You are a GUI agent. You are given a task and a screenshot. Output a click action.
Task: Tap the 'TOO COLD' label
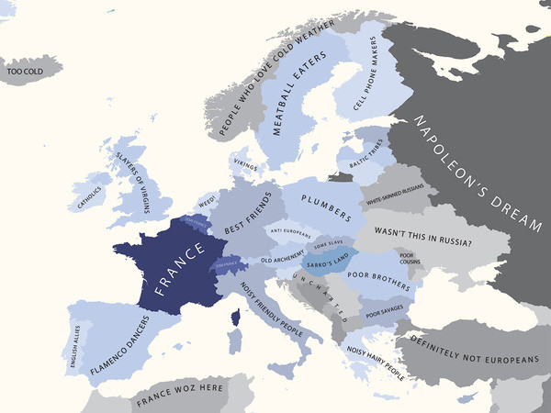pos(25,70)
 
